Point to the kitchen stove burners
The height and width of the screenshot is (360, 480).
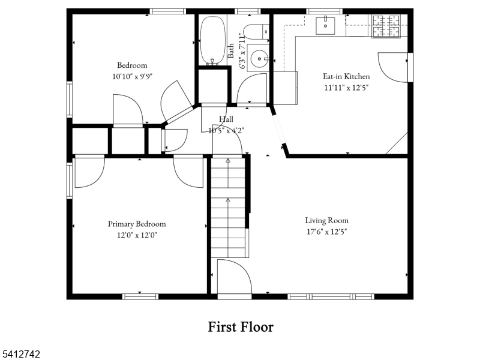point(385,25)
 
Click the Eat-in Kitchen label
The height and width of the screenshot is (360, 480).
point(346,76)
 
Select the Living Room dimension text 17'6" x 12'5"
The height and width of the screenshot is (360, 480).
point(326,231)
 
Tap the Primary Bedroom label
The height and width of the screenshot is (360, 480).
point(137,224)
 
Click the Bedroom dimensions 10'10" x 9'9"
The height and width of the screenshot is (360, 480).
point(132,76)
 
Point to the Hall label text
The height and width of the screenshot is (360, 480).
point(226,119)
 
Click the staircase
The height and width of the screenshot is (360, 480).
point(228,207)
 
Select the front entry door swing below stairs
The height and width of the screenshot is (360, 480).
point(235,277)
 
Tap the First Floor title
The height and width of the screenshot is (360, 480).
point(241,327)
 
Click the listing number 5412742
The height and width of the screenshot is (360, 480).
point(21,355)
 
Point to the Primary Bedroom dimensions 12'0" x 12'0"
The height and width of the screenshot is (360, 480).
point(137,235)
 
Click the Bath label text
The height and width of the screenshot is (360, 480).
point(231,47)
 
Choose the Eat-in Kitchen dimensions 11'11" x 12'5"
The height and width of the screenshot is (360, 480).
point(346,88)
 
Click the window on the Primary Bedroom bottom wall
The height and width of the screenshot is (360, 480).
point(140,296)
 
